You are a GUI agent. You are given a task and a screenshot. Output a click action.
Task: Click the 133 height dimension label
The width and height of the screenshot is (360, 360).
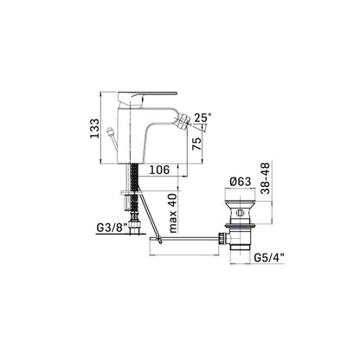coord(94,129)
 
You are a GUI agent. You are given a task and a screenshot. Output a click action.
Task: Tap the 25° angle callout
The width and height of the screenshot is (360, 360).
coord(202,118)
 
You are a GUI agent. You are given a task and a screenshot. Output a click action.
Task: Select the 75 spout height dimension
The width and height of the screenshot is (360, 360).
coord(196,144)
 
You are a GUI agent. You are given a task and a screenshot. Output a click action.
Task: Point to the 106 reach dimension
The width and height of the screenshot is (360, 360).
coord(159,170)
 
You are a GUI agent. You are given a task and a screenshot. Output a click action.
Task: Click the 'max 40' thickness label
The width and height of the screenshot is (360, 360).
coord(172,213)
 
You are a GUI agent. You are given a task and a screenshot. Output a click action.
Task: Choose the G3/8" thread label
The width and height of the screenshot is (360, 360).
coord(112,228)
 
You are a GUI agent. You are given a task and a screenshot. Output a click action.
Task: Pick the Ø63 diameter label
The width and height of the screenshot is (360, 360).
coord(241,182)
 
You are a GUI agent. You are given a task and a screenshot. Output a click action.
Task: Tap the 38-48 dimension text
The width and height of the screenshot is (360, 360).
coord(265,178)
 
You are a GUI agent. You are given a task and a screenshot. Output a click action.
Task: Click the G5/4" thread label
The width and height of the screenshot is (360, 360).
coord(269,258)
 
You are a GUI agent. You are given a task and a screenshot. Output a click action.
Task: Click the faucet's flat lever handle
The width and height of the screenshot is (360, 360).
coord(147,97)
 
